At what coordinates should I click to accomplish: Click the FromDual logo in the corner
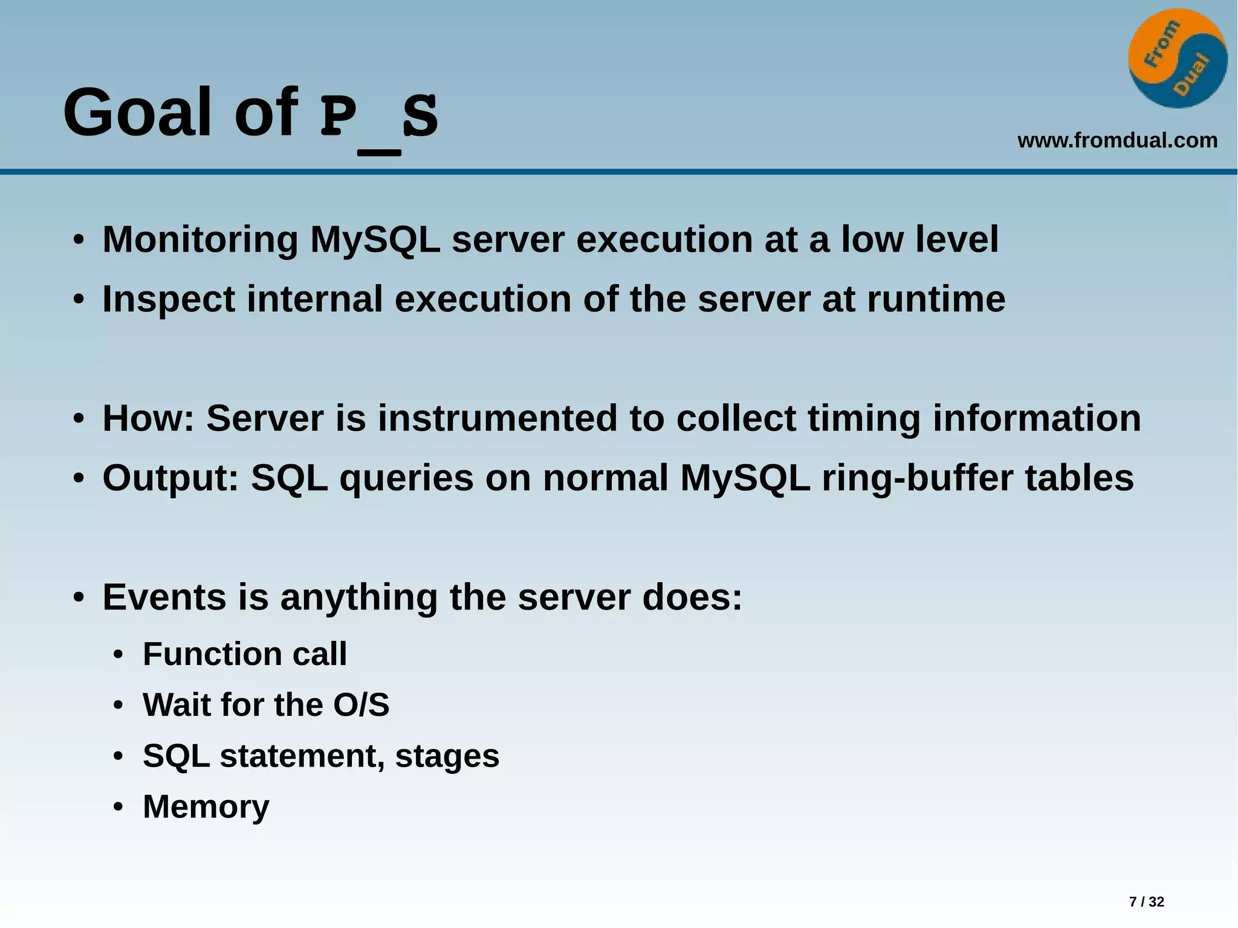click(x=1178, y=59)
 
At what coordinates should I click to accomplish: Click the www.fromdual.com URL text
click(x=1117, y=140)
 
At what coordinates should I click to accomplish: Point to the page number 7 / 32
click(x=1146, y=901)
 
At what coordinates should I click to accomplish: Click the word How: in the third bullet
click(x=148, y=418)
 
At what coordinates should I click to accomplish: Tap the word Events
click(x=164, y=597)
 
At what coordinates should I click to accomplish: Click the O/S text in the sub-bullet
click(x=361, y=704)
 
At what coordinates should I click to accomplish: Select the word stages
click(x=447, y=756)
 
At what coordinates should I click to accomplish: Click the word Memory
click(x=206, y=806)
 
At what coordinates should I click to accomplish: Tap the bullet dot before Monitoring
click(x=78, y=241)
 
